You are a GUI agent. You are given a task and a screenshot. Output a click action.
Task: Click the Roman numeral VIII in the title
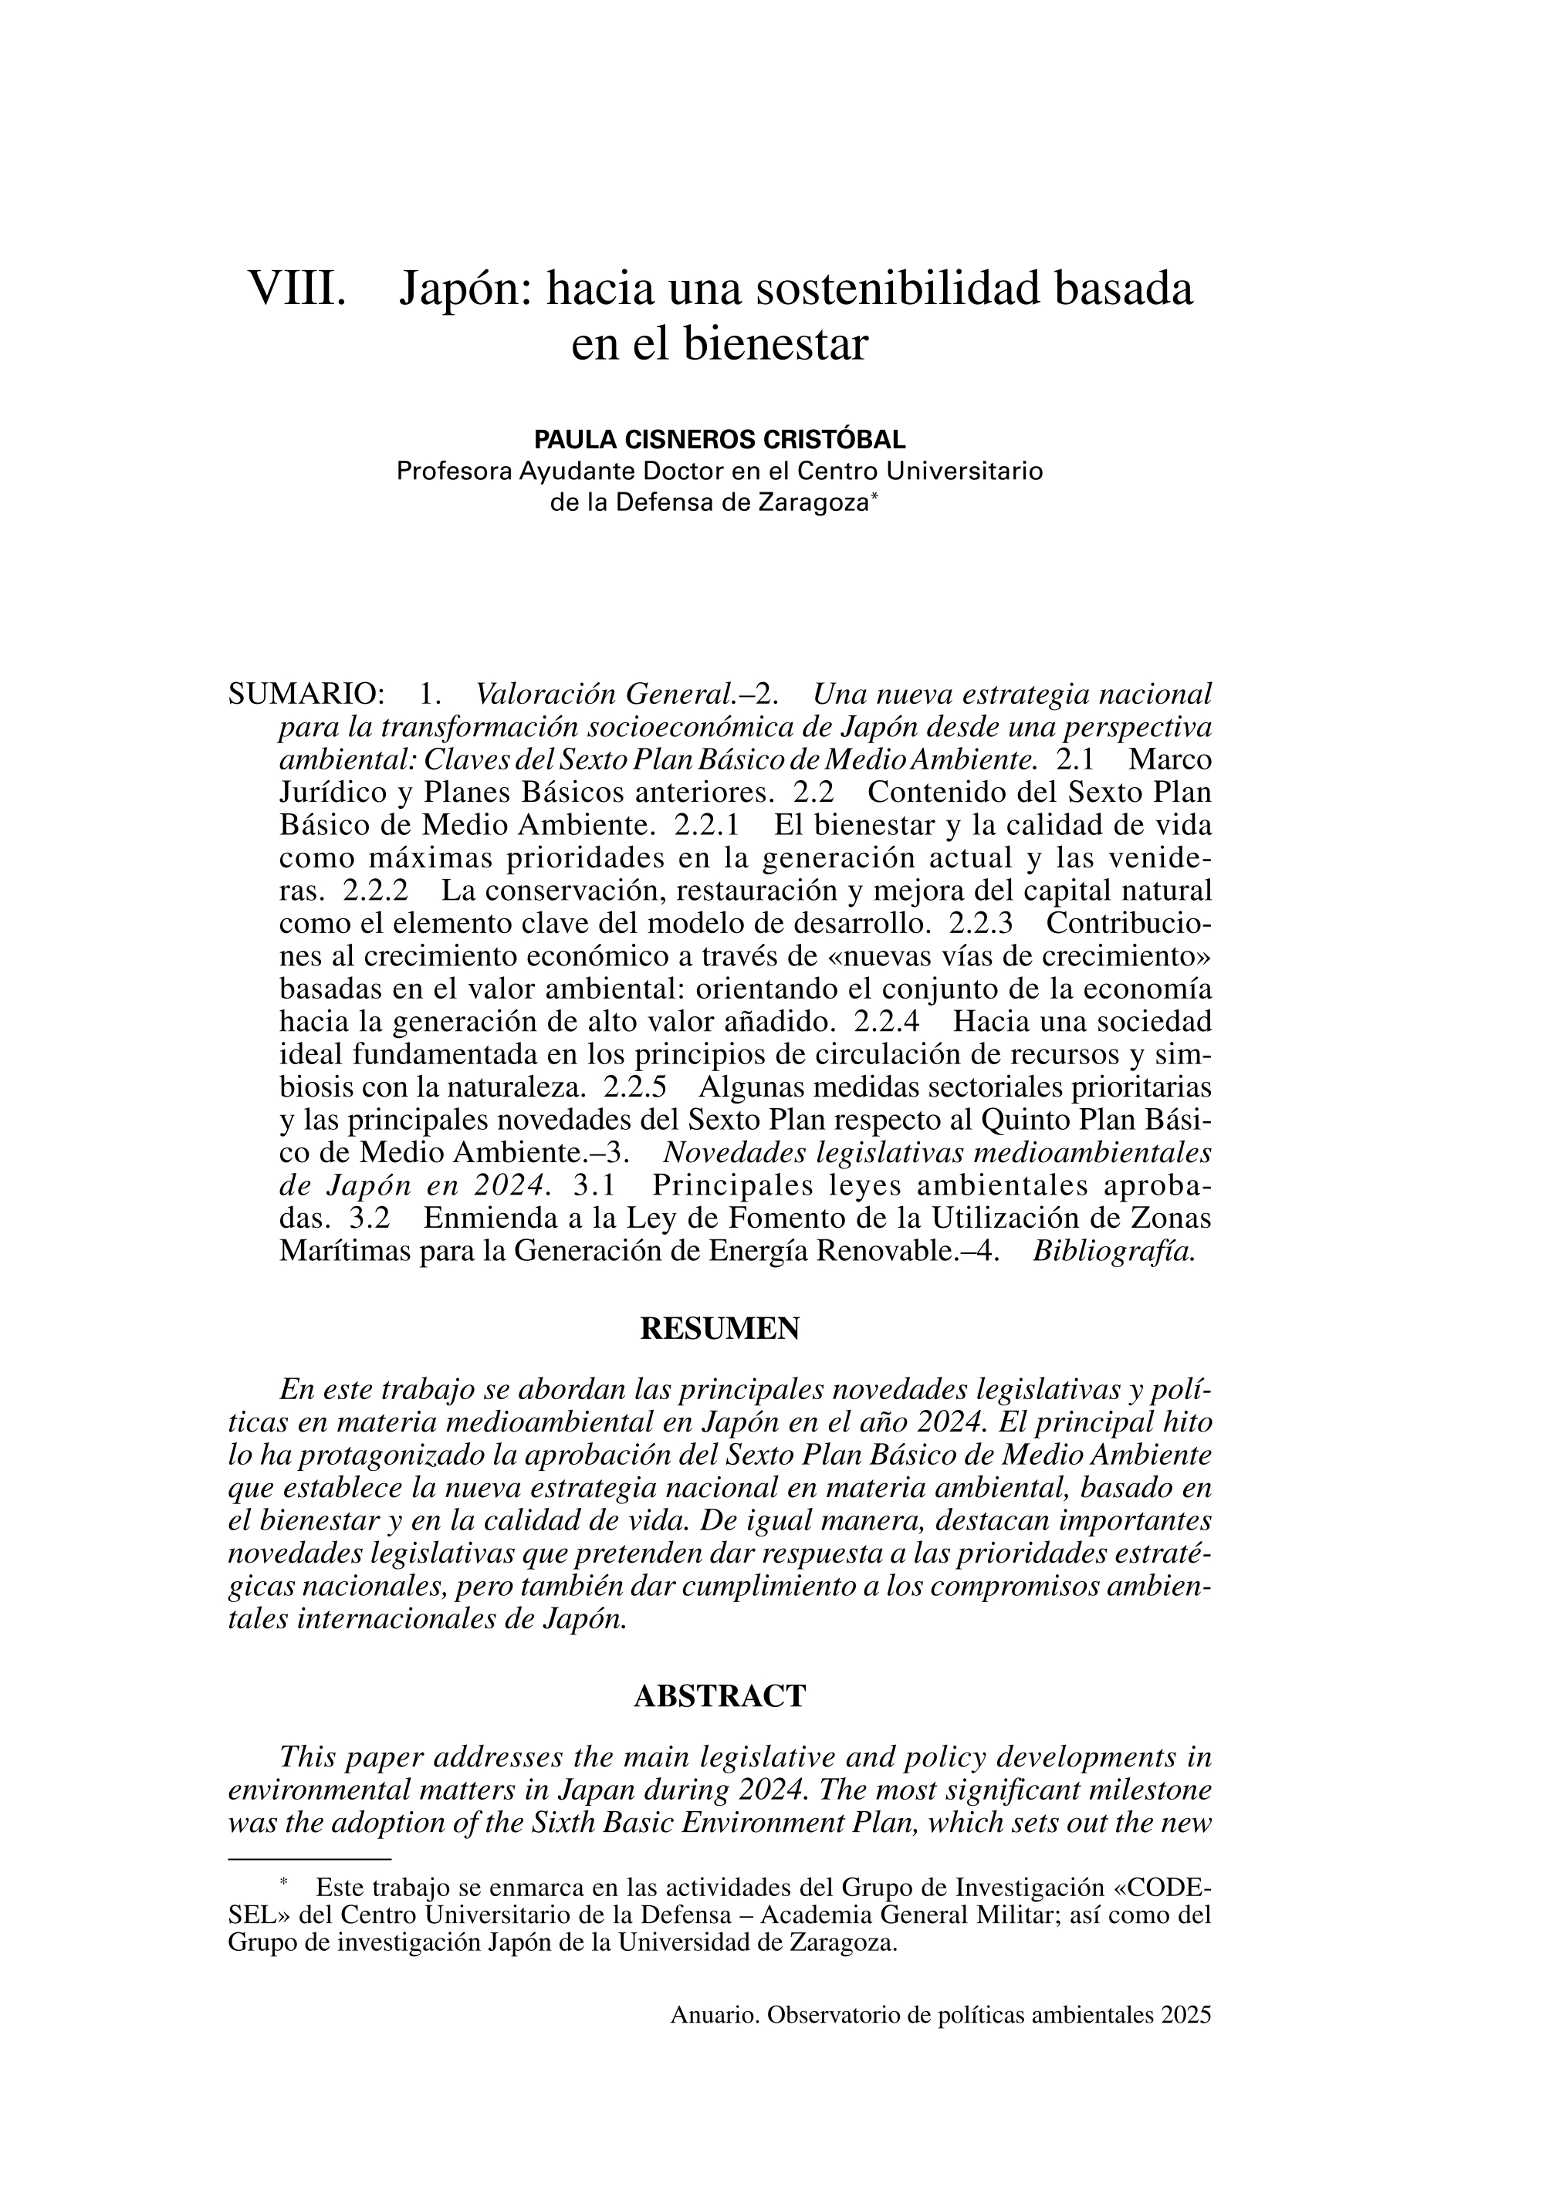[x=296, y=289]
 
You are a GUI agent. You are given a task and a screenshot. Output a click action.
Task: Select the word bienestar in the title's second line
[x=775, y=344]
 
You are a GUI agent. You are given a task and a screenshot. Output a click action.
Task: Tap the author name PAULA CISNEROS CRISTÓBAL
[x=720, y=440]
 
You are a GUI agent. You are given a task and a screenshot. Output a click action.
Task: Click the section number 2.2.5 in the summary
[x=634, y=1087]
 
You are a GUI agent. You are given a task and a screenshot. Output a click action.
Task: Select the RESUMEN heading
[x=720, y=1329]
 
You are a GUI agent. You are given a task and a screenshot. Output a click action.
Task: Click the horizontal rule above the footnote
[x=310, y=1859]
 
